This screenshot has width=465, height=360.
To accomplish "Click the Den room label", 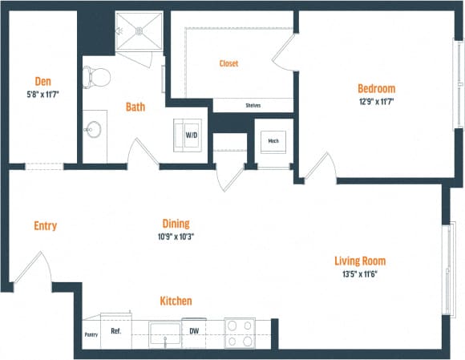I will coord(43,81).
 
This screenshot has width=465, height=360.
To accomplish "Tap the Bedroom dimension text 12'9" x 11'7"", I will coord(377,102).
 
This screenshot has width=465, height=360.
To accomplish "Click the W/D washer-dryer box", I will coord(192,135).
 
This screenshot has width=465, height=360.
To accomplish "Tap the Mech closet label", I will coord(273,140).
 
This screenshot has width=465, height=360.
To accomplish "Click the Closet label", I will coord(228,63).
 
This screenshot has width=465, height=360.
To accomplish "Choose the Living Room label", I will coord(360,261).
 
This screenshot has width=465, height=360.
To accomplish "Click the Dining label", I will coord(176,224).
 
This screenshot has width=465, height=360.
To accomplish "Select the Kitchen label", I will coord(176,301).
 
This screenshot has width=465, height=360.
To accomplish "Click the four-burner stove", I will coord(240,333).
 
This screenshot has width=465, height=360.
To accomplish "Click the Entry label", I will coord(45,225).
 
